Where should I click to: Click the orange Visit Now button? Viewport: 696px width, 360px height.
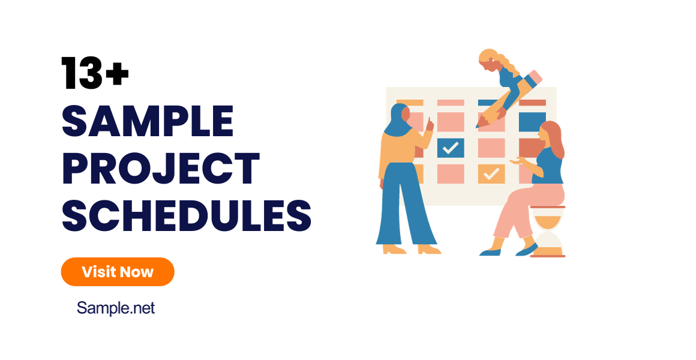click(x=118, y=272)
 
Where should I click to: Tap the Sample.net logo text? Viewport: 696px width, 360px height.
click(x=116, y=308)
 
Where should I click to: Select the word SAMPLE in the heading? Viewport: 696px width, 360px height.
click(x=148, y=121)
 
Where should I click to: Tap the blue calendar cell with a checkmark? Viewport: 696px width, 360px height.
click(x=451, y=147)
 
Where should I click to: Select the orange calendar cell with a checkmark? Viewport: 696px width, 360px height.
click(x=491, y=173)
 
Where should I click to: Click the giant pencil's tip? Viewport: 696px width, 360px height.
click(x=478, y=125)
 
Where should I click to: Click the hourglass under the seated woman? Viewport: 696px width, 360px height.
click(x=547, y=232)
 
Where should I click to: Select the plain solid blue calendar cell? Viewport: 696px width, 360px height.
click(x=532, y=121)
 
